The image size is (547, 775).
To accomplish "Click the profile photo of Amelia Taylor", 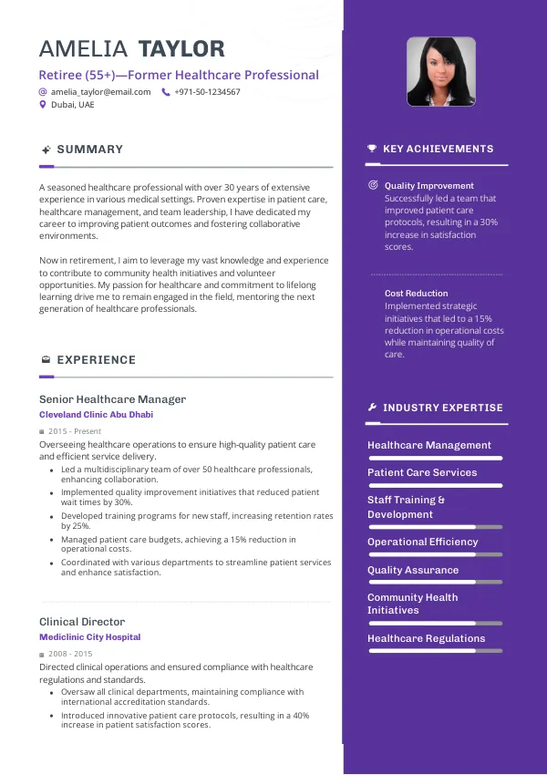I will pos(440,71).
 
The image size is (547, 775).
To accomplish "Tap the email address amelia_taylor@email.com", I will pos(100,92).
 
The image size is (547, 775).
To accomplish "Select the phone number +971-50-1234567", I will pos(207,92).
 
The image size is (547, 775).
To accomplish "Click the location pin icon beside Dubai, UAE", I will pos(42,105).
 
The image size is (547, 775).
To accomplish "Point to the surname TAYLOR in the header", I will pos(181,49).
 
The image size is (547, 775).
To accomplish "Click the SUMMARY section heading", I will pos(89,150).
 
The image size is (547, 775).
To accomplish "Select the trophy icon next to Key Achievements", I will pos(372,149).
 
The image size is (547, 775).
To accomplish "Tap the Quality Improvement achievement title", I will pos(428,186).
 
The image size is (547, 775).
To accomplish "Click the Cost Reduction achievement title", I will pos(416,294).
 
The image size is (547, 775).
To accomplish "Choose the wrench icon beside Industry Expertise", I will pos(372,408).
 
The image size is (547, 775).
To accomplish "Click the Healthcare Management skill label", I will pos(428,446).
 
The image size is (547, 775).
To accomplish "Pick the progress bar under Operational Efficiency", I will pos(434,554).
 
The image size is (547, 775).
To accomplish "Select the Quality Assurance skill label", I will pos(413,571).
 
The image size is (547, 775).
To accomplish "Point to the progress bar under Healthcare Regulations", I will pos(434,651).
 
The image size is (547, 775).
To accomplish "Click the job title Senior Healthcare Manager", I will pos(112,399).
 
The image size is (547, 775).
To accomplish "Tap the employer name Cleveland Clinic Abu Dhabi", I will pos(96,415).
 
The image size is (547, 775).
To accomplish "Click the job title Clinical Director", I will pos(81,622).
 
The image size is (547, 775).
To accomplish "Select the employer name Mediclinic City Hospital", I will pos(89,637).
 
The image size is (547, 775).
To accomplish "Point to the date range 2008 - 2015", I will pos(70,655).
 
